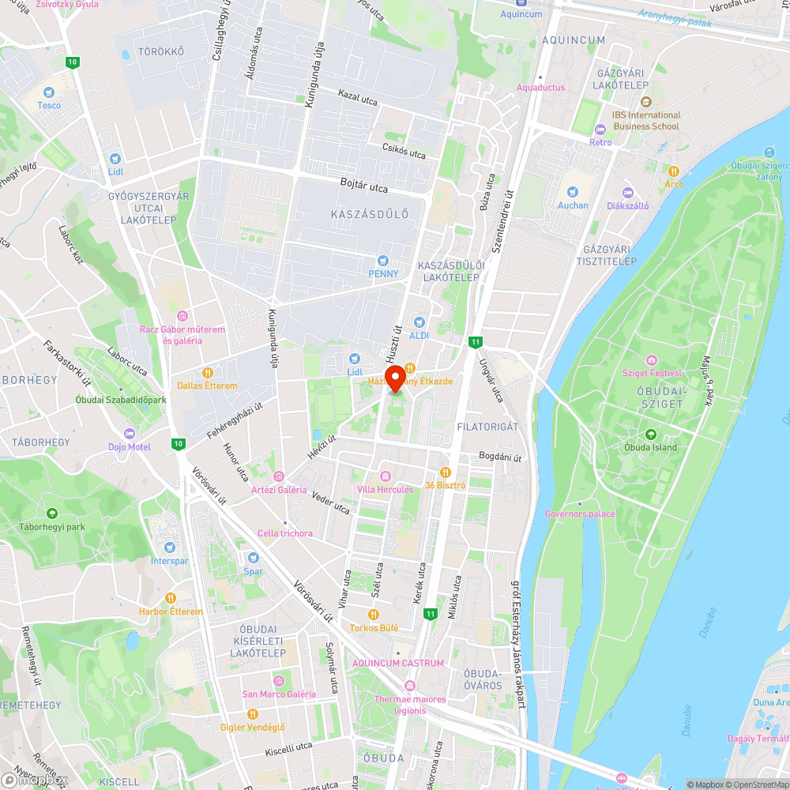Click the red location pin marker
pyautogui.click(x=393, y=377)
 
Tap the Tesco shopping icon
pyautogui.click(x=49, y=92)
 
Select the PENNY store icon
pyautogui.click(x=383, y=260)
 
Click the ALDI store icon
pyautogui.click(x=419, y=322)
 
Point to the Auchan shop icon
pyautogui.click(x=573, y=192)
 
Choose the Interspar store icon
pyautogui.click(x=169, y=547)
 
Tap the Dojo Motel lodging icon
pyautogui.click(x=130, y=434)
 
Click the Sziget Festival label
pyautogui.click(x=652, y=372)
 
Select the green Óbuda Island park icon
pyautogui.click(x=651, y=434)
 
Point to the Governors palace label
pyautogui.click(x=579, y=513)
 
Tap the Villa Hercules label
pyautogui.click(x=385, y=489)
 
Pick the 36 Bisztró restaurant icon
pyautogui.click(x=445, y=472)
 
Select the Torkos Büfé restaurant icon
pyautogui.click(x=374, y=615)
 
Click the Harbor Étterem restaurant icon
pyautogui.click(x=171, y=598)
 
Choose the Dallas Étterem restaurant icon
pyautogui.click(x=208, y=373)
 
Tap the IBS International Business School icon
pyautogui.click(x=645, y=102)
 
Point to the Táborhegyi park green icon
pyautogui.click(x=52, y=513)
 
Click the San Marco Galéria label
pyautogui.click(x=279, y=694)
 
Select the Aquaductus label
pyautogui.click(x=541, y=88)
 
